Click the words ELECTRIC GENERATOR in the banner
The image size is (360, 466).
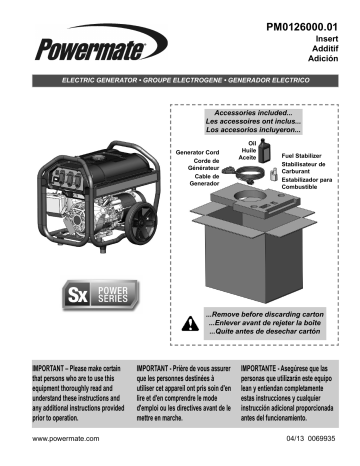pyautogui.click(x=107, y=77)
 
